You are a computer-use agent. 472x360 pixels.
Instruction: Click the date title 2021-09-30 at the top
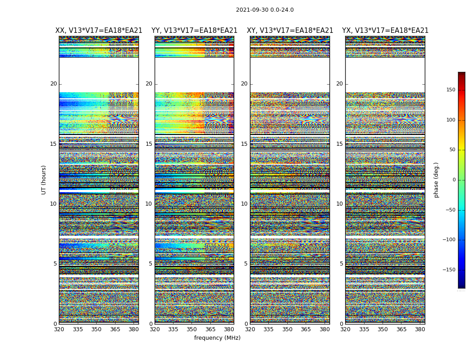tap(265, 10)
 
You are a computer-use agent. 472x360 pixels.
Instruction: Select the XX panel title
tap(99, 31)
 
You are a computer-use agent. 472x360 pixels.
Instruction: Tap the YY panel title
tap(194, 31)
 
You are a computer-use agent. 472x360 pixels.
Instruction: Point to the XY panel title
tap(290, 31)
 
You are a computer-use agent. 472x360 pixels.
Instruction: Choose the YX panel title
tap(385, 31)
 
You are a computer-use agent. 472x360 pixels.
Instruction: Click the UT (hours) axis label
tap(44, 180)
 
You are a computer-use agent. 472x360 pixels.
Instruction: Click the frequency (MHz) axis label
tap(217, 338)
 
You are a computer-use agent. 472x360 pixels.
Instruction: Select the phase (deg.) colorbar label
tap(436, 180)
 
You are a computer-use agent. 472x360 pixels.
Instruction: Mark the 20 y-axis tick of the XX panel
tap(53, 84)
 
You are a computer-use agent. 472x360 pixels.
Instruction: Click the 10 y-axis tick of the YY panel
tap(149, 204)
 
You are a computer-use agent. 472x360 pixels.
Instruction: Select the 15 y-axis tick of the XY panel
tap(244, 144)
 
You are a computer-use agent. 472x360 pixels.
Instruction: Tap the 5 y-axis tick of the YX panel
tap(341, 264)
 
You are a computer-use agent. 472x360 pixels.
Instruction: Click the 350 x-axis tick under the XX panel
tap(96, 329)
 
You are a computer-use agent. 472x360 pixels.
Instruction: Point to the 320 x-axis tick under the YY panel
tap(155, 329)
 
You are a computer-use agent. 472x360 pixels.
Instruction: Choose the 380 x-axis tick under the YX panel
tap(420, 329)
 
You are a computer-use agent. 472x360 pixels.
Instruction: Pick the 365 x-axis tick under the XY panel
tap(306, 329)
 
